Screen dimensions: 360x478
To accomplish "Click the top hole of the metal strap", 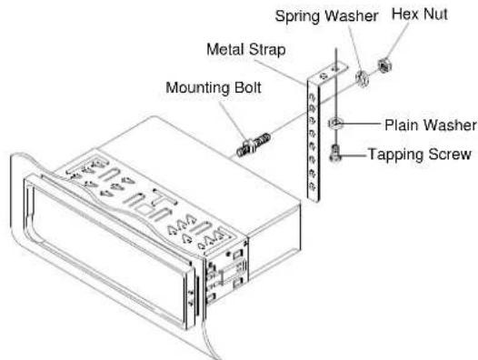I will click(314, 93).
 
